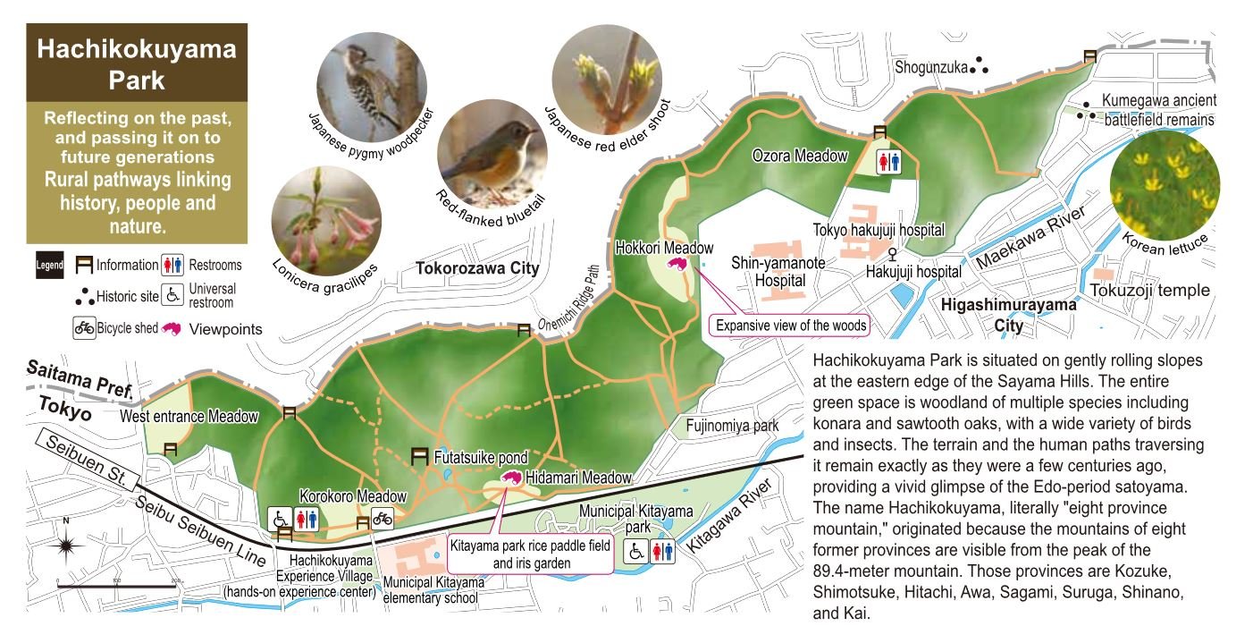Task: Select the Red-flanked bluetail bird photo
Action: (x=492, y=153)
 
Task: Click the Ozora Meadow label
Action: (x=799, y=156)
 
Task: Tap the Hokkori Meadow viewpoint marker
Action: (x=678, y=265)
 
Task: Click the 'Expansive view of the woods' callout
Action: (x=790, y=326)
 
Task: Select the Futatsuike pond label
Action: (x=481, y=458)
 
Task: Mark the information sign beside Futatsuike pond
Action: (x=418, y=457)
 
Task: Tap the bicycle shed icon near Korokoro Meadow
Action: (x=383, y=518)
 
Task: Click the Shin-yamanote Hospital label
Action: (x=769, y=271)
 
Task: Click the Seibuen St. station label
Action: (x=84, y=464)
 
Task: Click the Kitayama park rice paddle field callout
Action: (x=531, y=554)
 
